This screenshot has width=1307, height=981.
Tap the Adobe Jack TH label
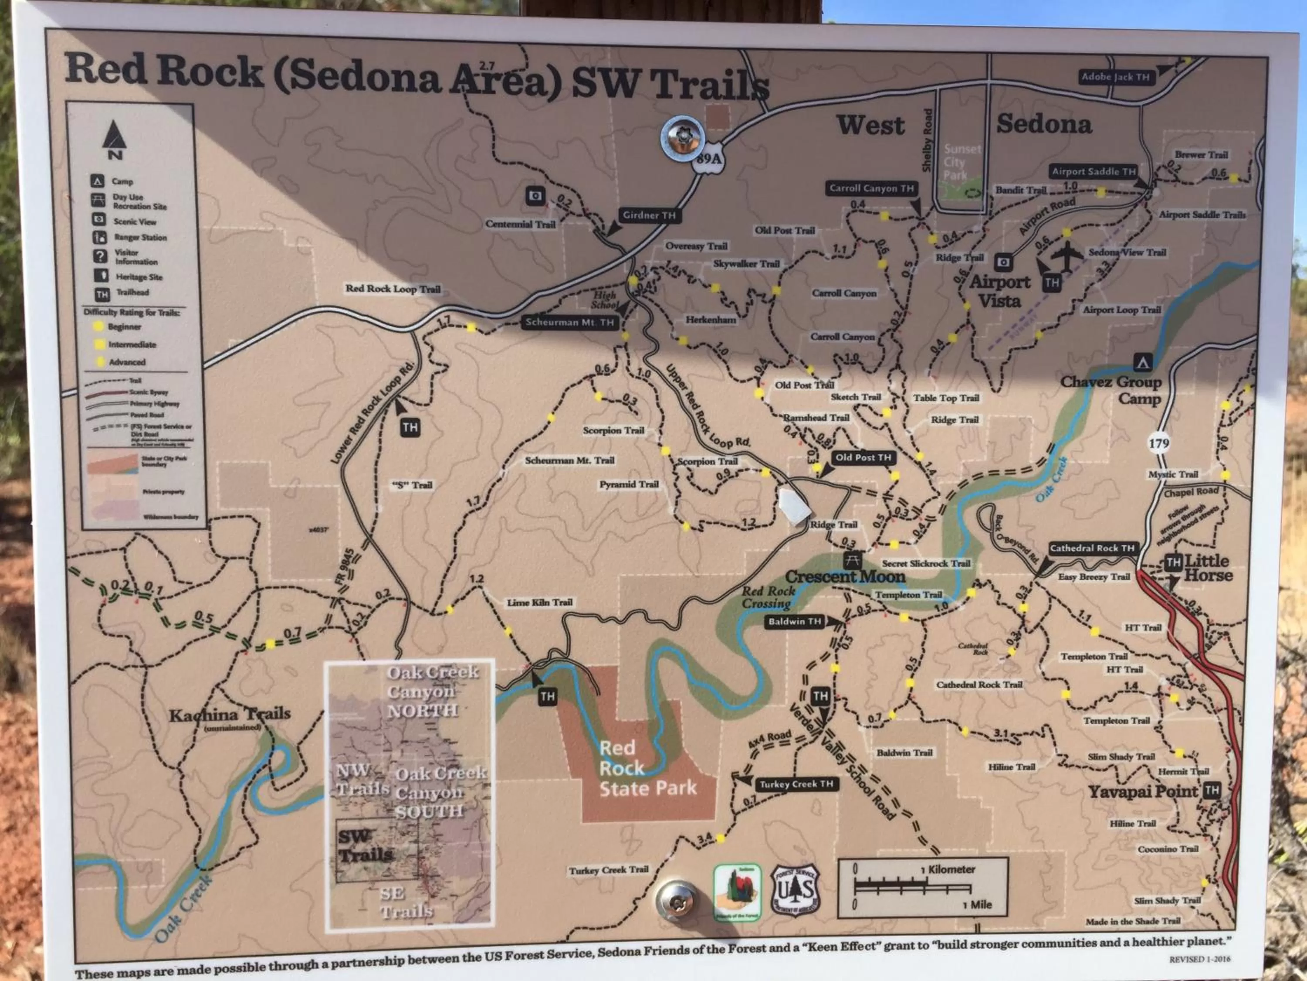pos(1115,77)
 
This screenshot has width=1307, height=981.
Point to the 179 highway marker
pos(1159,443)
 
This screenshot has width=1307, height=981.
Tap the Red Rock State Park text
pos(647,768)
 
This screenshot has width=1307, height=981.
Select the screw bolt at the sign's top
pos(682,138)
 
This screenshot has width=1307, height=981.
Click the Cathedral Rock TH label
pos(1092,548)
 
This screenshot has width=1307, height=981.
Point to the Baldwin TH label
pos(795,621)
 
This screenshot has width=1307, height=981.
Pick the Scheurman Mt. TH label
pos(569,322)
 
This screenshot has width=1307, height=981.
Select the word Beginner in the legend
pos(124,327)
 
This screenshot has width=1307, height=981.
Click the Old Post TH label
pos(863,457)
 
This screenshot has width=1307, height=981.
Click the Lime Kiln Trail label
pos(539,603)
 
